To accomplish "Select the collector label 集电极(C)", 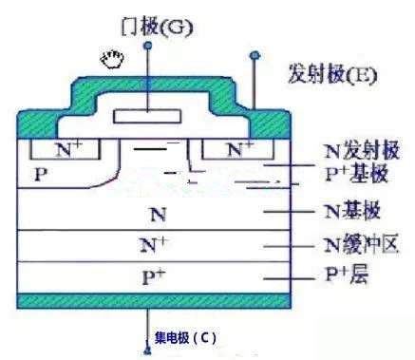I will pos(186,337).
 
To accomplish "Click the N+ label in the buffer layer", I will pos(152,245).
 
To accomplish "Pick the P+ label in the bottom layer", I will pos(152,276).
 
